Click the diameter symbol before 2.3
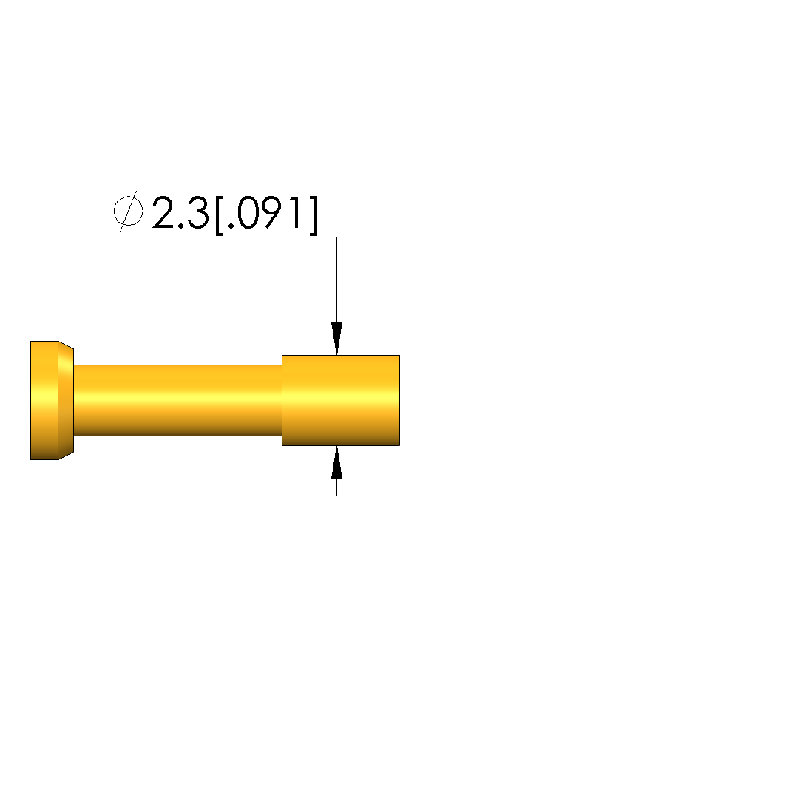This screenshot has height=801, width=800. click(x=128, y=211)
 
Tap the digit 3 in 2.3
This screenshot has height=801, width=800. click(x=197, y=212)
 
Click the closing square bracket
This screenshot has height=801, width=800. click(x=313, y=215)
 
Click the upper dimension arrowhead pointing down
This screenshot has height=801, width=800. click(x=336, y=338)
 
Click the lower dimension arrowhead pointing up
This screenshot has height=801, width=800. click(x=336, y=462)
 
